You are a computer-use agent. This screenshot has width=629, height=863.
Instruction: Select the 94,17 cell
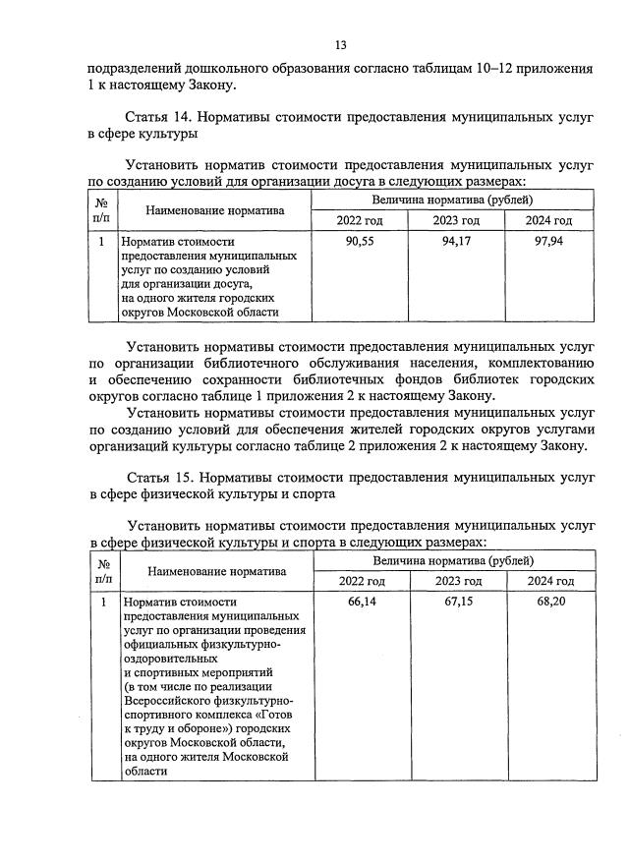[453, 242]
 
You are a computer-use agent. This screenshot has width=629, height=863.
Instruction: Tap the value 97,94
[547, 242]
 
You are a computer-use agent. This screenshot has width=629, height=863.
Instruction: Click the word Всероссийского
[169, 701]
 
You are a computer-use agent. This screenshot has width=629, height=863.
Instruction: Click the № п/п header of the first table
[102, 209]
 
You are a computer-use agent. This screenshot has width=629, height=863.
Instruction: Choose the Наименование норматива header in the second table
[216, 570]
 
